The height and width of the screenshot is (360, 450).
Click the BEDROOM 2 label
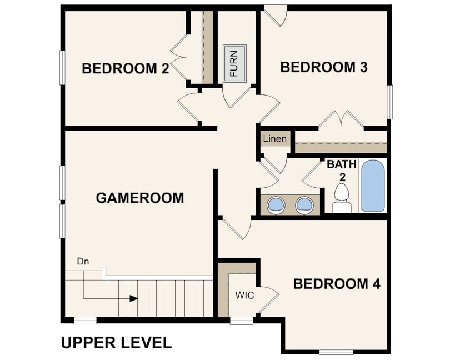pos(126,69)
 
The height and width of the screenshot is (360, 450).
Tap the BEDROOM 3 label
pos(324,67)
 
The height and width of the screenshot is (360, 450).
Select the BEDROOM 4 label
pos(337,284)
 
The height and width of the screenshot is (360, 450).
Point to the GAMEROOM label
pos(140,198)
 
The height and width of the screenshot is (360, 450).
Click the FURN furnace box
pos(234,63)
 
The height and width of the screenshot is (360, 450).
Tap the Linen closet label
pos(274,139)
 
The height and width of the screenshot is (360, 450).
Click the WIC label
pos(244,295)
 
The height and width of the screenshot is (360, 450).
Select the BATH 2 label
pos(342,171)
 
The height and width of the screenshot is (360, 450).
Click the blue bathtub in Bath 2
pos(373,186)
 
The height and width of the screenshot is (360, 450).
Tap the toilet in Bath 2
pos(342,198)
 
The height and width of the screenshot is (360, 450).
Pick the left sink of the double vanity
pos(276,205)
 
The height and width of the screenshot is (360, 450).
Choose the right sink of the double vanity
pos(304,205)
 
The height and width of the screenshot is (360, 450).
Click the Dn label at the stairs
pos(83,262)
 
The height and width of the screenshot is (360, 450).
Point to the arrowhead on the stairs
pos(134,298)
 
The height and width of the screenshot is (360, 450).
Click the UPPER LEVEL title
pos(117,343)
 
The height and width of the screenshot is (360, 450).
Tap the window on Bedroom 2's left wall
pos(62,68)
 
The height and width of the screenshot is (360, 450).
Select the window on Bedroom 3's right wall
pos(389,102)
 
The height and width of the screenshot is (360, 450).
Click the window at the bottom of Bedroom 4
pos(336,352)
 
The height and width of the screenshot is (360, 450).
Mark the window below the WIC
pos(242,321)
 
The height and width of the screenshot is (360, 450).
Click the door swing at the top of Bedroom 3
pos(276,16)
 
